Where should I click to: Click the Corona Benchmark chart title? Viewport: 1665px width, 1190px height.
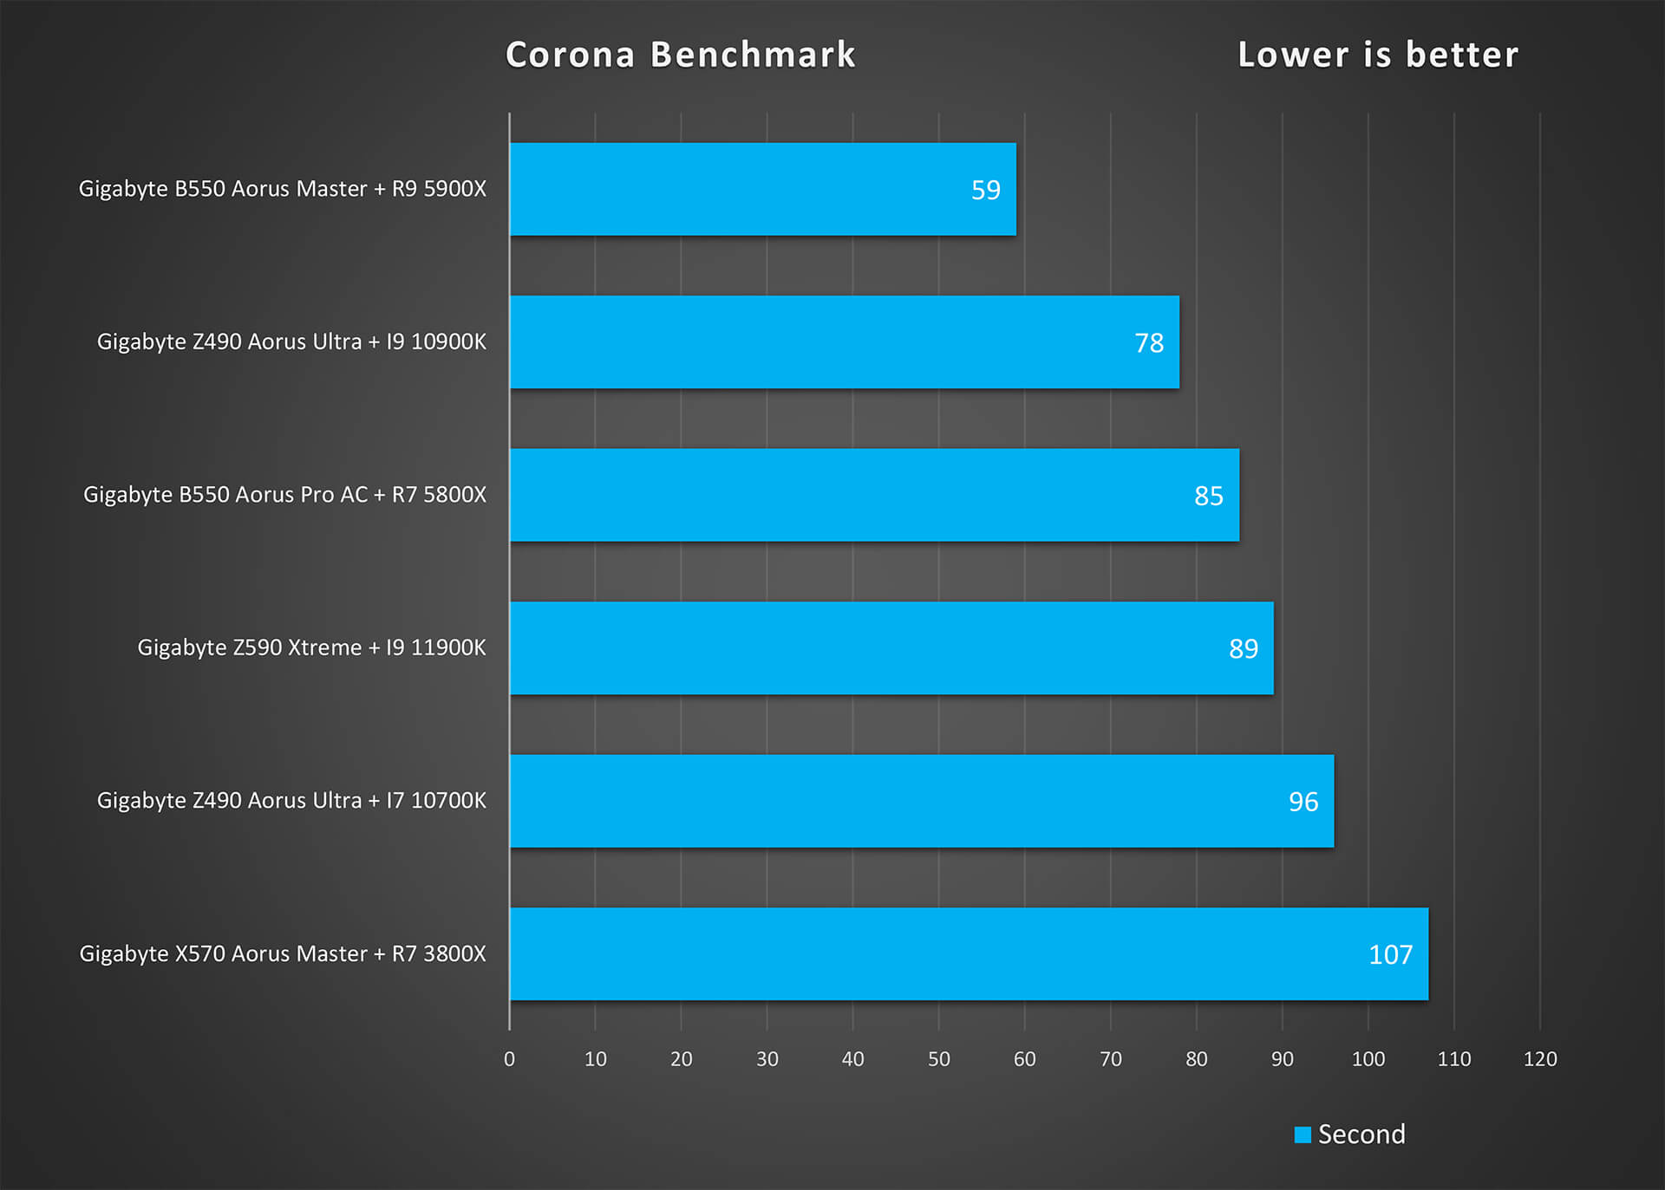coord(681,55)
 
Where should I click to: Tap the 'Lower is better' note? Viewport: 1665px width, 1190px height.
coord(1378,55)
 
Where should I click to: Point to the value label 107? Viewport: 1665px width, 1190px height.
coord(1390,954)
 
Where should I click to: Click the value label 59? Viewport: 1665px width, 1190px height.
coord(985,190)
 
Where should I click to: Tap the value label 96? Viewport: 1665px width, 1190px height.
coord(1303,802)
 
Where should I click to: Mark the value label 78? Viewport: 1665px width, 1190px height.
coord(1149,343)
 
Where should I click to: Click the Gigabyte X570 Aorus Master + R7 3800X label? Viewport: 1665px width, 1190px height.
coord(283,953)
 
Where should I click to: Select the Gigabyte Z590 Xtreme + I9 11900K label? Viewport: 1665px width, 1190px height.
coord(311,647)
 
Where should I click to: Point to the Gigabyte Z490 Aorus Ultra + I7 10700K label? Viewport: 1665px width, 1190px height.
coord(291,800)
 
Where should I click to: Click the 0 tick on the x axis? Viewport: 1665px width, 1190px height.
coord(509,1058)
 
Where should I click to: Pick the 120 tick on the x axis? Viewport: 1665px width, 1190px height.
coord(1540,1058)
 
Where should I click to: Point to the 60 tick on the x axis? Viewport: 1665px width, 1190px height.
coord(1024,1058)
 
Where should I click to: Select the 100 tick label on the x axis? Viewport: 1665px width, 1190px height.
coord(1368,1058)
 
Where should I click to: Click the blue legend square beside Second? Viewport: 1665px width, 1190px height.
coord(1302,1135)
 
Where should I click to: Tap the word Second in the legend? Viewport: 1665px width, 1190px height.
coord(1361,1134)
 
